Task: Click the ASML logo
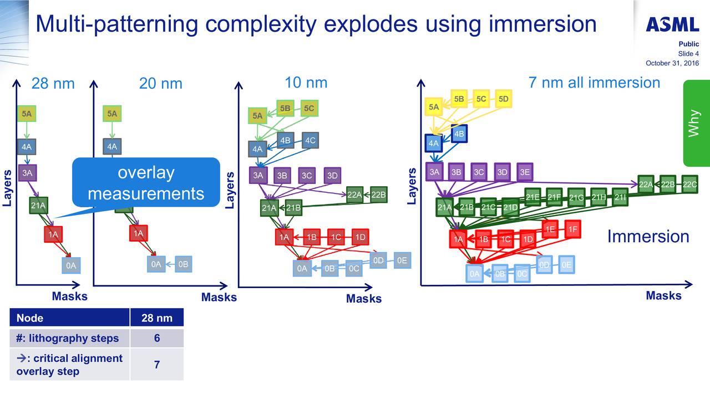click(672, 24)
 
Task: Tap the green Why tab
click(696, 123)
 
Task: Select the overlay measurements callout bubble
click(146, 183)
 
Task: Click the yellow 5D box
click(503, 99)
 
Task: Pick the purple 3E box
click(525, 172)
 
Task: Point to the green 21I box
click(621, 197)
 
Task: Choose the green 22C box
click(689, 185)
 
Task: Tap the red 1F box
click(572, 229)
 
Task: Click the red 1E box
click(550, 229)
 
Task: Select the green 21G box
click(576, 197)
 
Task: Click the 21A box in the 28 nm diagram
click(38, 206)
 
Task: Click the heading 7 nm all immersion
click(595, 83)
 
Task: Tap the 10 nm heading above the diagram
click(306, 83)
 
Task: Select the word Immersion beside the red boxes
click(648, 237)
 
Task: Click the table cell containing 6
click(156, 338)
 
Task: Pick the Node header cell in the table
click(69, 318)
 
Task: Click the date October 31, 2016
click(672, 63)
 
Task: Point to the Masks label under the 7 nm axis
click(663, 295)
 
